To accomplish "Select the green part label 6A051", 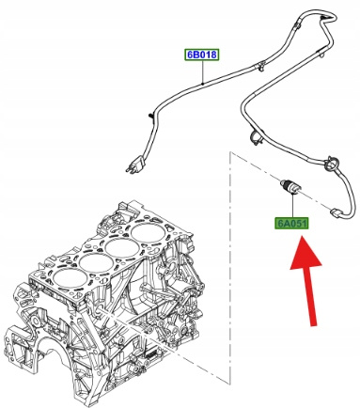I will click(x=296, y=225).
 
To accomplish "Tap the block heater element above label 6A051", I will click(x=290, y=188).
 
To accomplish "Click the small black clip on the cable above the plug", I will click(x=149, y=117).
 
